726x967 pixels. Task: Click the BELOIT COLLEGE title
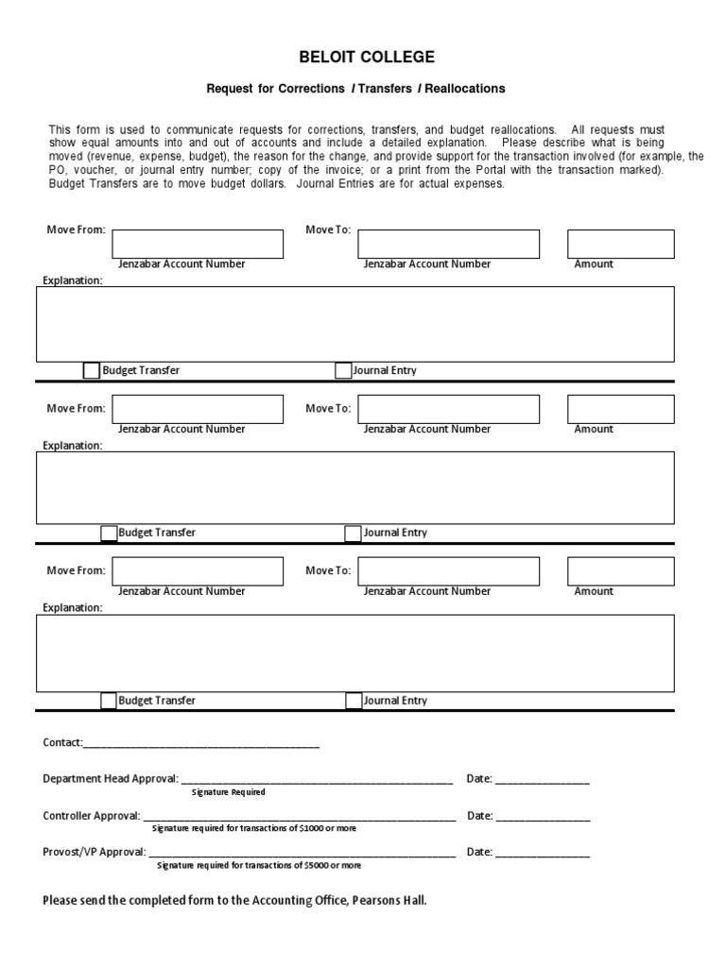[367, 58]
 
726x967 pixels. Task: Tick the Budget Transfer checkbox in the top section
[91, 371]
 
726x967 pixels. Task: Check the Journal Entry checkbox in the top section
[343, 371]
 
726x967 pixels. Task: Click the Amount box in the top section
[620, 244]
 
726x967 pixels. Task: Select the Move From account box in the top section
[198, 244]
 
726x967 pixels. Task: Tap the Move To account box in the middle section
[448, 409]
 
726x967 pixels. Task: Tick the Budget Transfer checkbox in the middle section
[109, 534]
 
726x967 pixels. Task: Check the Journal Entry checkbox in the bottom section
[354, 701]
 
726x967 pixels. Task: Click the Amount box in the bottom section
[620, 571]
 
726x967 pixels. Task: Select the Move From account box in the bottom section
[198, 571]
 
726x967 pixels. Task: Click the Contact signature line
[201, 744]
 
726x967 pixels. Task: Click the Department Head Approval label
[111, 779]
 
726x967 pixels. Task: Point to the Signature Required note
[228, 792]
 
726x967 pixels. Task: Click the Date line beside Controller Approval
[543, 817]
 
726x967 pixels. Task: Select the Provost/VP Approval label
[95, 852]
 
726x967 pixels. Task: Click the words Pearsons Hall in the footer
[389, 901]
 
